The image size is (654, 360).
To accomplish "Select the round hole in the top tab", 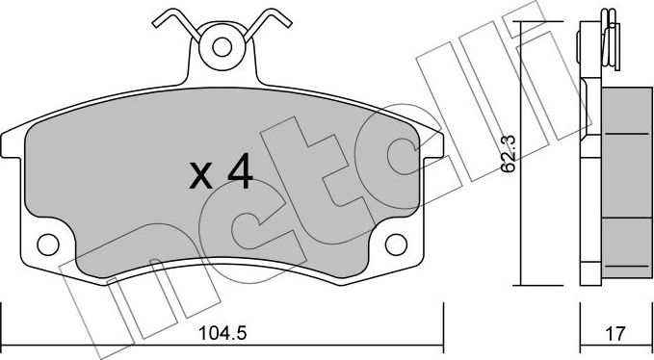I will click(x=221, y=46).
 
